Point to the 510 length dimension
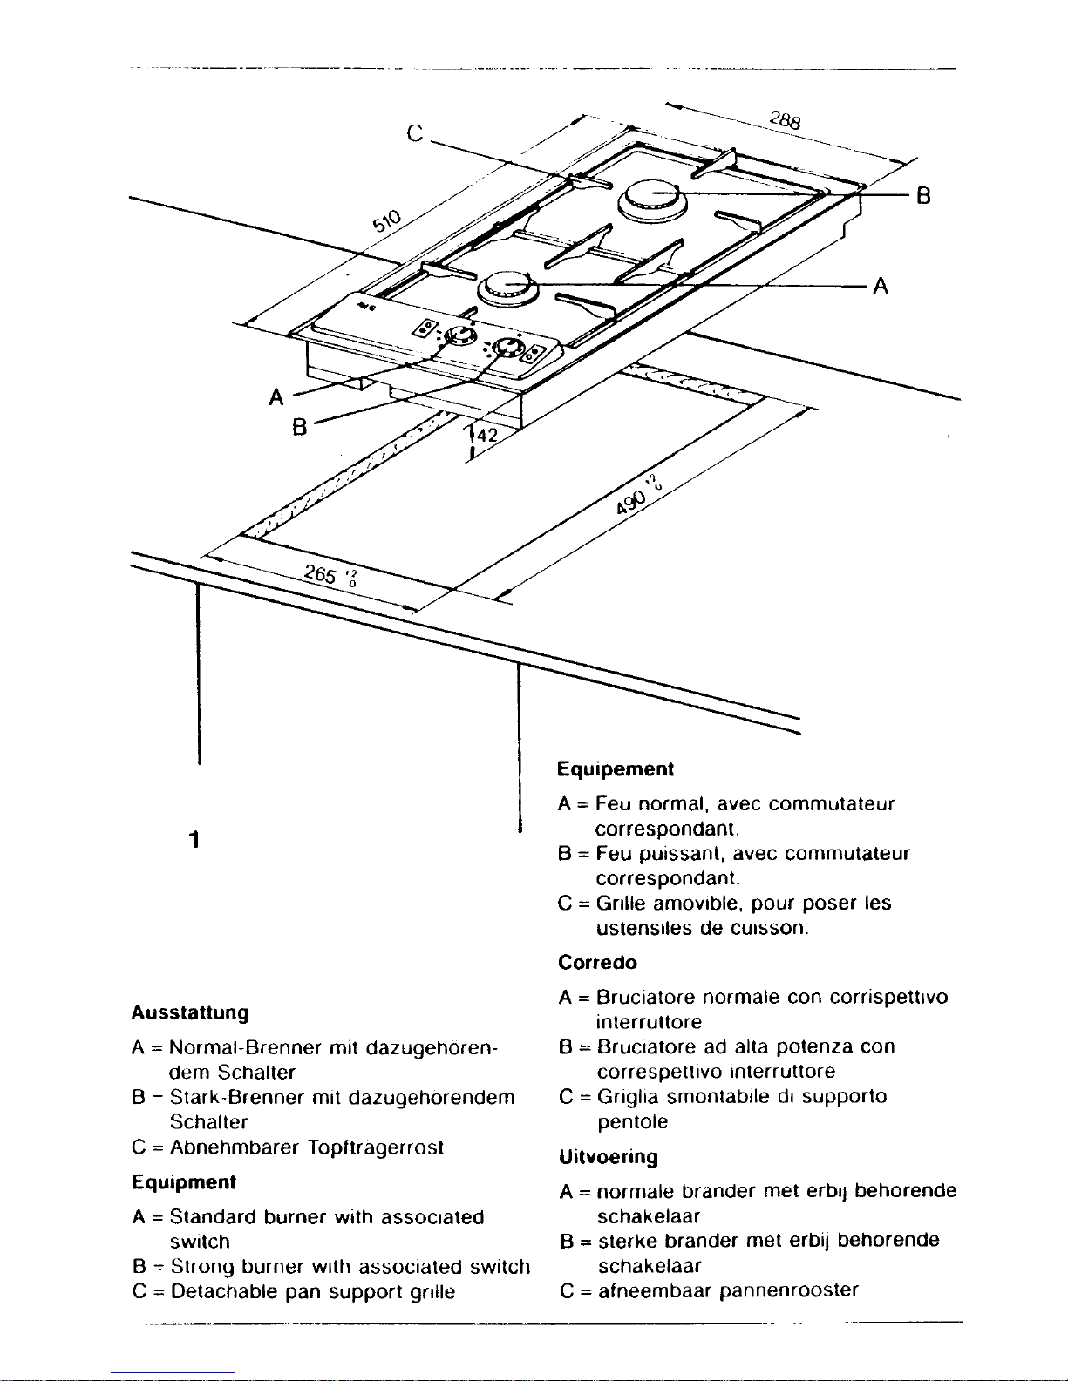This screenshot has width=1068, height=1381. (x=387, y=223)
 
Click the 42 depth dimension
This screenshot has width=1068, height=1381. (x=485, y=435)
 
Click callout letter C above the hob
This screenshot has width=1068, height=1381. (x=416, y=133)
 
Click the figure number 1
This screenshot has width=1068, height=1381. (x=194, y=840)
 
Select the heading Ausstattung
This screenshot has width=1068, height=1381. (x=190, y=1013)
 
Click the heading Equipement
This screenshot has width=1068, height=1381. (x=616, y=769)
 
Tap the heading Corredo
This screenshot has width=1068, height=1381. (x=597, y=963)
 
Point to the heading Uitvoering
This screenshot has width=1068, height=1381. (x=608, y=1157)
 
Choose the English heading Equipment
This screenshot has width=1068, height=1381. (x=184, y=1182)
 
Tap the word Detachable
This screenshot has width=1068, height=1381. (x=224, y=1291)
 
